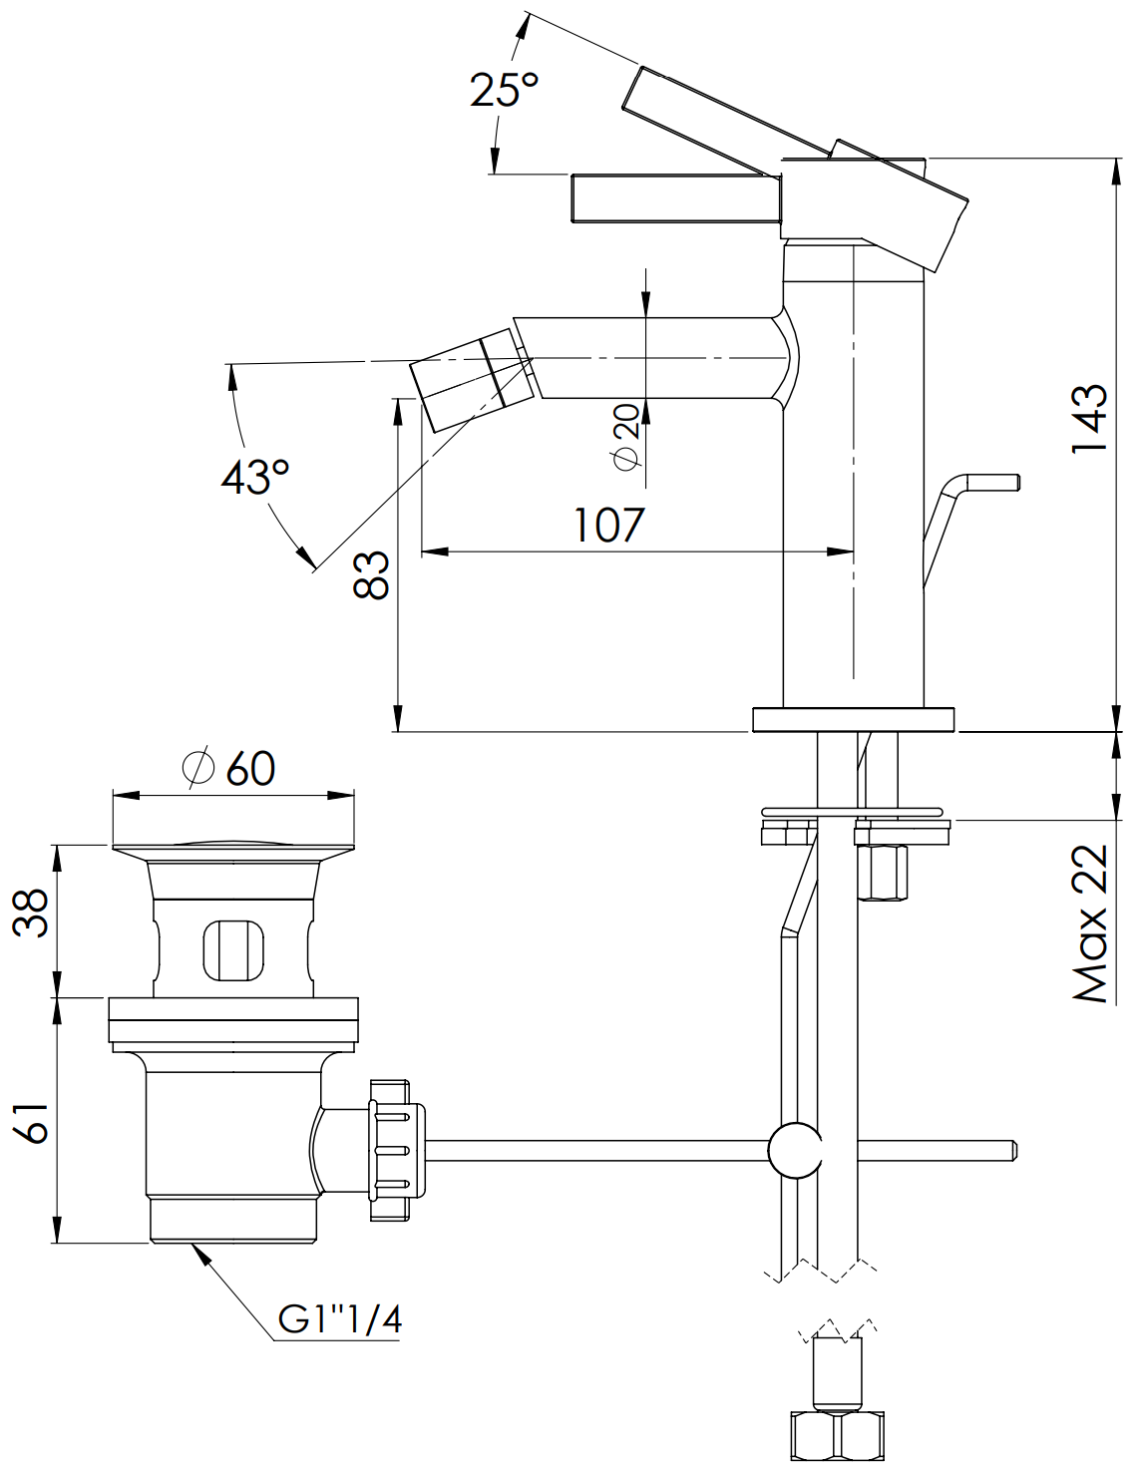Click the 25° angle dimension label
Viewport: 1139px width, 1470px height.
pyautogui.click(x=505, y=91)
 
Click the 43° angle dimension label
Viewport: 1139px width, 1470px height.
pyautogui.click(x=255, y=477)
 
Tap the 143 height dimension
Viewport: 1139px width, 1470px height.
pyautogui.click(x=1090, y=419)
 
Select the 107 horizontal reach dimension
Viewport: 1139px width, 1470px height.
pyautogui.click(x=608, y=525)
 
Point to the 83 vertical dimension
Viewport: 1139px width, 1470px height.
pyautogui.click(x=372, y=575)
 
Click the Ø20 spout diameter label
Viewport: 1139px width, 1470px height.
pyautogui.click(x=626, y=437)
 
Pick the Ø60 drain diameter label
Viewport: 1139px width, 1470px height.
pyautogui.click(x=229, y=768)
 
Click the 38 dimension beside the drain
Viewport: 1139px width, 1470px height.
pyautogui.click(x=32, y=912)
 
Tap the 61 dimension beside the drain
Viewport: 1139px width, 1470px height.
pyautogui.click(x=32, y=1123)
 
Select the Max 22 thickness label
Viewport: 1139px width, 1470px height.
pyautogui.click(x=1090, y=922)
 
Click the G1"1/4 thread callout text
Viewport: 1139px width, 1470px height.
pyautogui.click(x=340, y=1319)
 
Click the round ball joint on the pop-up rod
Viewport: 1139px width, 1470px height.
pyautogui.click(x=795, y=1150)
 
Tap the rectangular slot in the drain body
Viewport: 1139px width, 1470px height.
pyautogui.click(x=233, y=949)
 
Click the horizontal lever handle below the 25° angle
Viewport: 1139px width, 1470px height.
pyautogui.click(x=674, y=196)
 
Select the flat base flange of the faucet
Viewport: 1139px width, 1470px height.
pyautogui.click(x=853, y=719)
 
